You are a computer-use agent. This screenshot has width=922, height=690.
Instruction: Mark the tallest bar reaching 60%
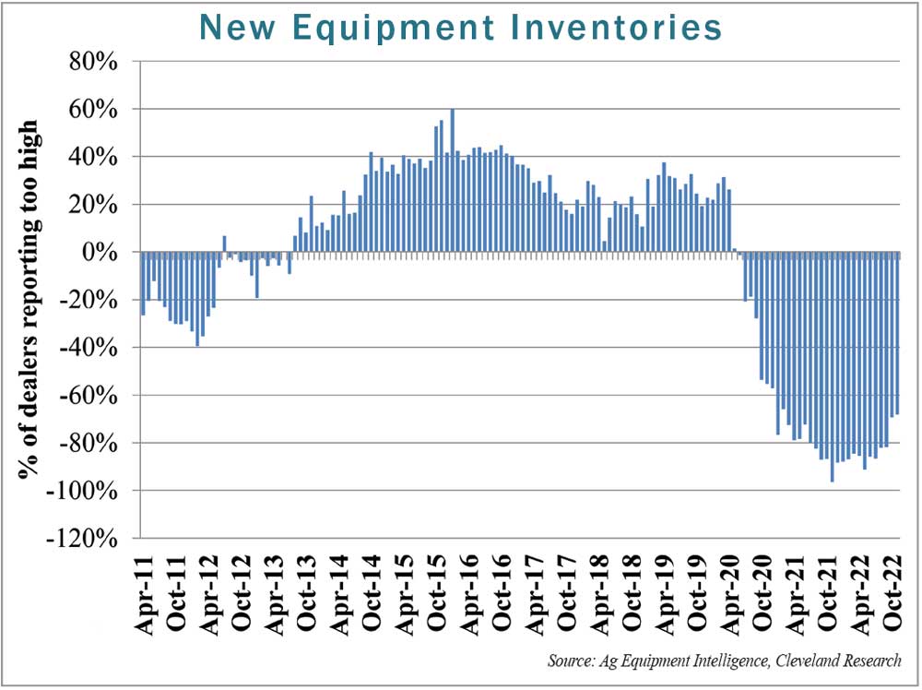click(452, 180)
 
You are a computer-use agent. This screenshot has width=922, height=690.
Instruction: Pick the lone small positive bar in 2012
click(224, 244)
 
